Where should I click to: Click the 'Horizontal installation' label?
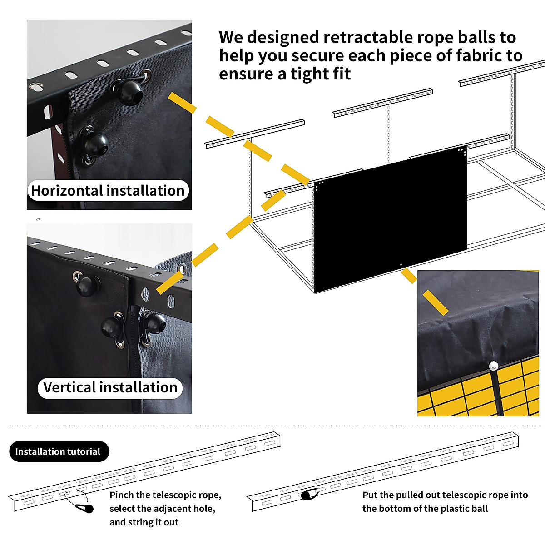(108, 191)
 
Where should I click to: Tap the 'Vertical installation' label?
(110, 388)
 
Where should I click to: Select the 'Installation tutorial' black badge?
(58, 451)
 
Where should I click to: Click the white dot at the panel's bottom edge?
(401, 264)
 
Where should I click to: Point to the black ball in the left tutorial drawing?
(89, 509)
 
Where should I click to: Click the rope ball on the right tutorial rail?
(307, 495)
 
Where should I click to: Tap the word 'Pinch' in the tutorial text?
(121, 495)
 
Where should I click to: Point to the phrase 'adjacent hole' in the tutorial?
(185, 509)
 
